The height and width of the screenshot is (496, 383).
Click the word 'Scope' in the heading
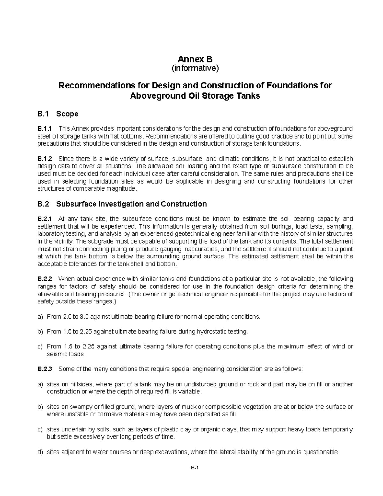point(67,114)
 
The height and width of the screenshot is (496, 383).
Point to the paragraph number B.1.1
point(44,129)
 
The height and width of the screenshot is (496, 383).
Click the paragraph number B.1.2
point(44,159)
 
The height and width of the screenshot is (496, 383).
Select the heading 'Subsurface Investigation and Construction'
point(131,204)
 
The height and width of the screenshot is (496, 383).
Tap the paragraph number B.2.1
point(44,219)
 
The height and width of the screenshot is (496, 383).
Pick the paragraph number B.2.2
point(44,279)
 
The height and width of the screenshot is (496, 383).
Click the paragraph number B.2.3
point(44,369)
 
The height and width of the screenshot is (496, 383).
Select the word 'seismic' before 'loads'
point(57,354)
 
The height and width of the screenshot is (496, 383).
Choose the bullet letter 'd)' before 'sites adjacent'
point(40,452)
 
